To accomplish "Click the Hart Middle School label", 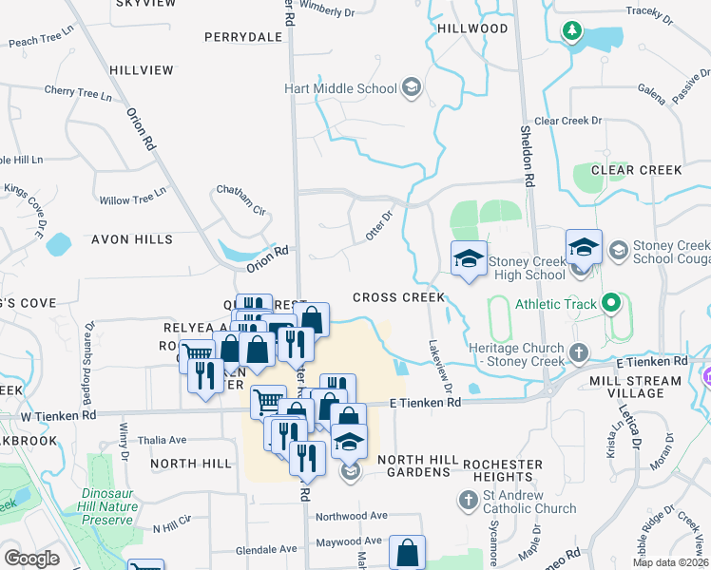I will pyautogui.click(x=340, y=89).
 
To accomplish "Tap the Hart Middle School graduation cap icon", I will pyautogui.click(x=411, y=89).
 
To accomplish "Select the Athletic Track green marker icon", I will pyautogui.click(x=610, y=305).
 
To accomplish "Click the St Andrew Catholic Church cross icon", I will pyautogui.click(x=468, y=500).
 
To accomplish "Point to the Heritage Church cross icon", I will pyautogui.click(x=578, y=354).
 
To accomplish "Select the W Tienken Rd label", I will pyautogui.click(x=59, y=415).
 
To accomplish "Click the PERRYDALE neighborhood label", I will pyautogui.click(x=244, y=37).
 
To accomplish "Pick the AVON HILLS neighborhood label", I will pyautogui.click(x=132, y=239).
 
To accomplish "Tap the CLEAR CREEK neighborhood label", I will pyautogui.click(x=636, y=170).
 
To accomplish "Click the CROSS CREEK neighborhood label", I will pyautogui.click(x=398, y=297).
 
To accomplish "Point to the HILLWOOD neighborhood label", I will pyautogui.click(x=472, y=28).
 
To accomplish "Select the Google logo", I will pyautogui.click(x=31, y=559).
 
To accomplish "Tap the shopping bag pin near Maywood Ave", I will pyautogui.click(x=407, y=551).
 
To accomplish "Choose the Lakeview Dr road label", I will pyautogui.click(x=440, y=369).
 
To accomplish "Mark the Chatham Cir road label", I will pyautogui.click(x=241, y=198).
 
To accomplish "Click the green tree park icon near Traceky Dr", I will pyautogui.click(x=571, y=31).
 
